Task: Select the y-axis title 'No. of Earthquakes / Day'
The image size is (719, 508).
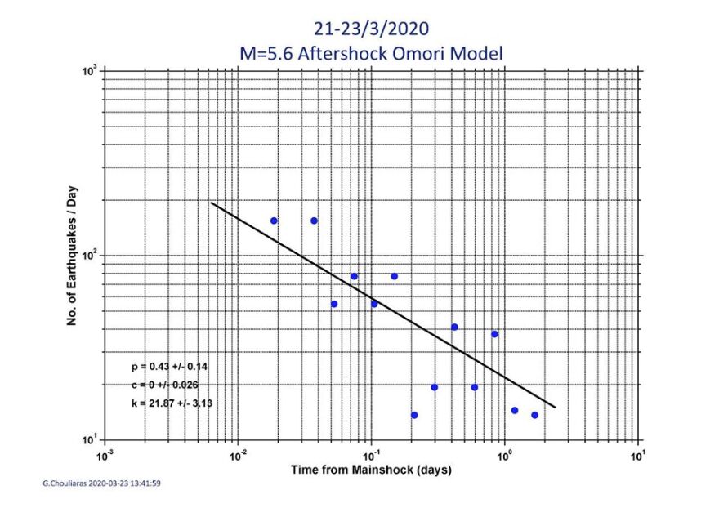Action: click(x=73, y=256)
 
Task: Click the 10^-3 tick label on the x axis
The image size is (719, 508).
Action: click(x=104, y=453)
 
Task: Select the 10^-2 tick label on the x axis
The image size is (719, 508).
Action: click(x=238, y=453)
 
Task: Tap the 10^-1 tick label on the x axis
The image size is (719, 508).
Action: click(x=371, y=453)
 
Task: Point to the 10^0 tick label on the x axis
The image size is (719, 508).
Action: click(x=505, y=453)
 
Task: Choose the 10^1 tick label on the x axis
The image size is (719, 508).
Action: click(x=638, y=453)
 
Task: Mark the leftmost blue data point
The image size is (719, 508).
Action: click(x=274, y=221)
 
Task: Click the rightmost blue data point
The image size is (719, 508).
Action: click(x=534, y=415)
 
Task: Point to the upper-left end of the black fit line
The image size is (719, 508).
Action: click(x=212, y=203)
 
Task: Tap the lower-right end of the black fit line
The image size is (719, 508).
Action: click(x=555, y=407)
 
